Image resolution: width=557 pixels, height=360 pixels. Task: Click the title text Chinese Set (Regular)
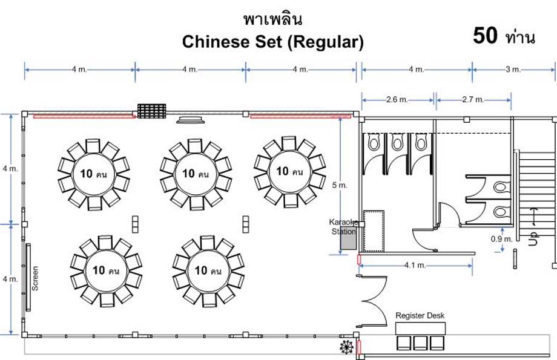pos(273,42)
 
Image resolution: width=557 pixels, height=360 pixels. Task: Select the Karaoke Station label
pos(343,226)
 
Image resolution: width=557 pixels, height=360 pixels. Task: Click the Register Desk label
pos(420,316)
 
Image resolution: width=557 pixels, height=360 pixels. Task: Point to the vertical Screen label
pos(35,278)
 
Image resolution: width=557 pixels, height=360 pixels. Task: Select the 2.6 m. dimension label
pos(397,99)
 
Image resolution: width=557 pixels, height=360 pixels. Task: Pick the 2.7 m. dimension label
pos(473,99)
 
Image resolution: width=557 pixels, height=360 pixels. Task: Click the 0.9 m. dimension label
pos(502,238)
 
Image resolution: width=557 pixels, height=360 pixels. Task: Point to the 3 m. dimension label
pos(513,70)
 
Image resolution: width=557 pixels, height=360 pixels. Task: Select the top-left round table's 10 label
pos(86,174)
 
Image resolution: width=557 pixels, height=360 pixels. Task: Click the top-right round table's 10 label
pos(282,171)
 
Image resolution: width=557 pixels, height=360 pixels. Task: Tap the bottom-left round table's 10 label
pos(99,270)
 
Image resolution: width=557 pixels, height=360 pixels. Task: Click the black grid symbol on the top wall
pos(151,111)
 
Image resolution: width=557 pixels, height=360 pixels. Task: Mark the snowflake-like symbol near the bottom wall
pos(346,347)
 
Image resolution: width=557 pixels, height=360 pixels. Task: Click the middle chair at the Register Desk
pos(420,342)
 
